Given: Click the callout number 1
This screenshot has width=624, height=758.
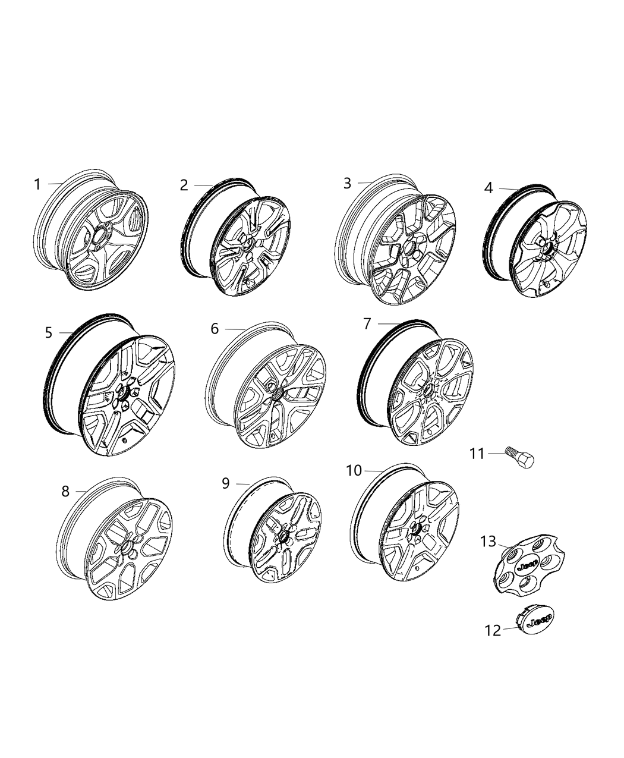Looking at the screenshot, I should tap(37, 184).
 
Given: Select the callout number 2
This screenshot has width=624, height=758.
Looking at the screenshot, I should tap(184, 185).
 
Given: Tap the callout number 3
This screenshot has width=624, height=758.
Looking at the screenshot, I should tap(348, 183).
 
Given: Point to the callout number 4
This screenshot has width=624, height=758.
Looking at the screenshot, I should tap(489, 188).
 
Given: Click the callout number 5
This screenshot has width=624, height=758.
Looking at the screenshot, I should tap(49, 333).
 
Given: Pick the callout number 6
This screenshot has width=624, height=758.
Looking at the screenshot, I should tap(215, 329).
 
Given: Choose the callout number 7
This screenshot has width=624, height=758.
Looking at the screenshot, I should tap(367, 324).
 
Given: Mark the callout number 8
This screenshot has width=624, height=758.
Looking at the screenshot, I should tap(65, 491).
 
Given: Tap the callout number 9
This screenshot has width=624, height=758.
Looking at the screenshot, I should tap(226, 483).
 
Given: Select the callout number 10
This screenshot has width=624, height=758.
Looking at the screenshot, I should tap(354, 471).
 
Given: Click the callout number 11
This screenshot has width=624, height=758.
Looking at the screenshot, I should tap(477, 454).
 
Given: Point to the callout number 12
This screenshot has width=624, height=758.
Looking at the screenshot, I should tap(493, 630).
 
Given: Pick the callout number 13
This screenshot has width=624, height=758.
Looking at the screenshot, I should tap(488, 542).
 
